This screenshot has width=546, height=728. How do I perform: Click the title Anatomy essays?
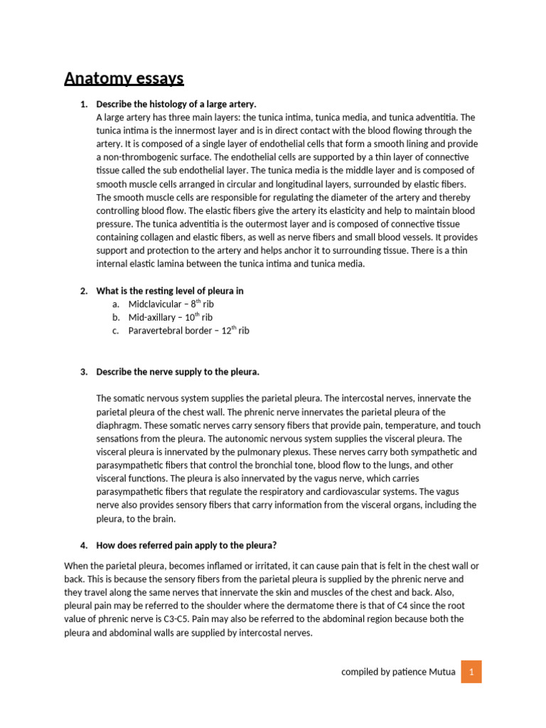click(124, 78)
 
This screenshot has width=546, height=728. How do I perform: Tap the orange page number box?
click(471, 670)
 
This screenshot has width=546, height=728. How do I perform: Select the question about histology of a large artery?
click(176, 104)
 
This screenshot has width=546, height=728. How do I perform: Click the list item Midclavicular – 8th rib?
click(170, 304)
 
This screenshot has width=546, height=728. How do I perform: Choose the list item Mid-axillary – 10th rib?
click(170, 317)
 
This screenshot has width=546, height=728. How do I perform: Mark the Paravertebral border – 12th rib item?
click(188, 331)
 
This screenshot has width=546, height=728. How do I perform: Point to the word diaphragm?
click(118, 425)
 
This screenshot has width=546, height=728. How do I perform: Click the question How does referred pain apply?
click(186, 545)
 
